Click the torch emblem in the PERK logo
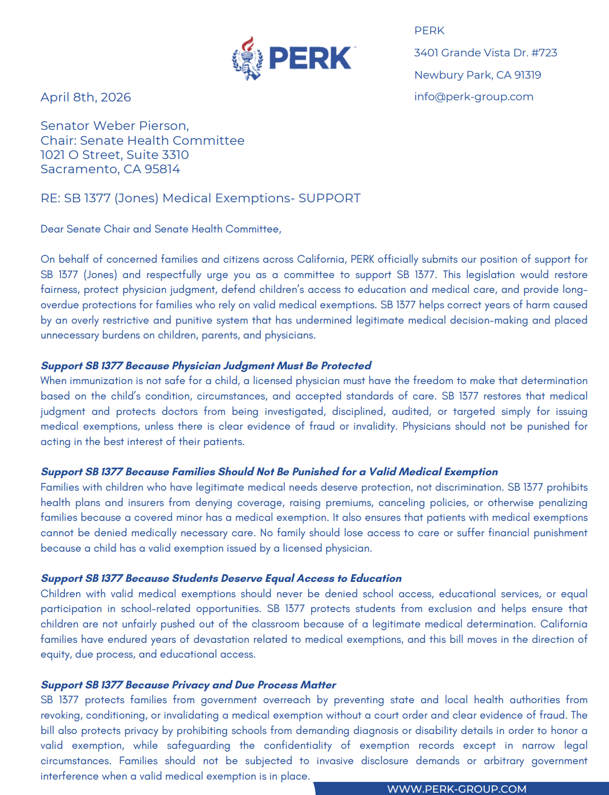(247, 58)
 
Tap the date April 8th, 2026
(85, 97)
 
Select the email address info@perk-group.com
(473, 97)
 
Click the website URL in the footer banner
(456, 789)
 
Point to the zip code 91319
(528, 75)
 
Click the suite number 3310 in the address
(174, 155)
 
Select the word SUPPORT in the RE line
(329, 198)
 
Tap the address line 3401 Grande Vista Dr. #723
(485, 53)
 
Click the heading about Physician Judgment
(206, 366)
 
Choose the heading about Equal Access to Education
(221, 578)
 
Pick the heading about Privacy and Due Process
(188, 685)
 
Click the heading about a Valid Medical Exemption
(269, 472)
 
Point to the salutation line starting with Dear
(161, 229)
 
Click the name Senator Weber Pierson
(115, 126)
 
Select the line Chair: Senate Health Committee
(142, 141)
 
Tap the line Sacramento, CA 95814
(110, 169)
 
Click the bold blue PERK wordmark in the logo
(310, 58)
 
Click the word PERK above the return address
(429, 31)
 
